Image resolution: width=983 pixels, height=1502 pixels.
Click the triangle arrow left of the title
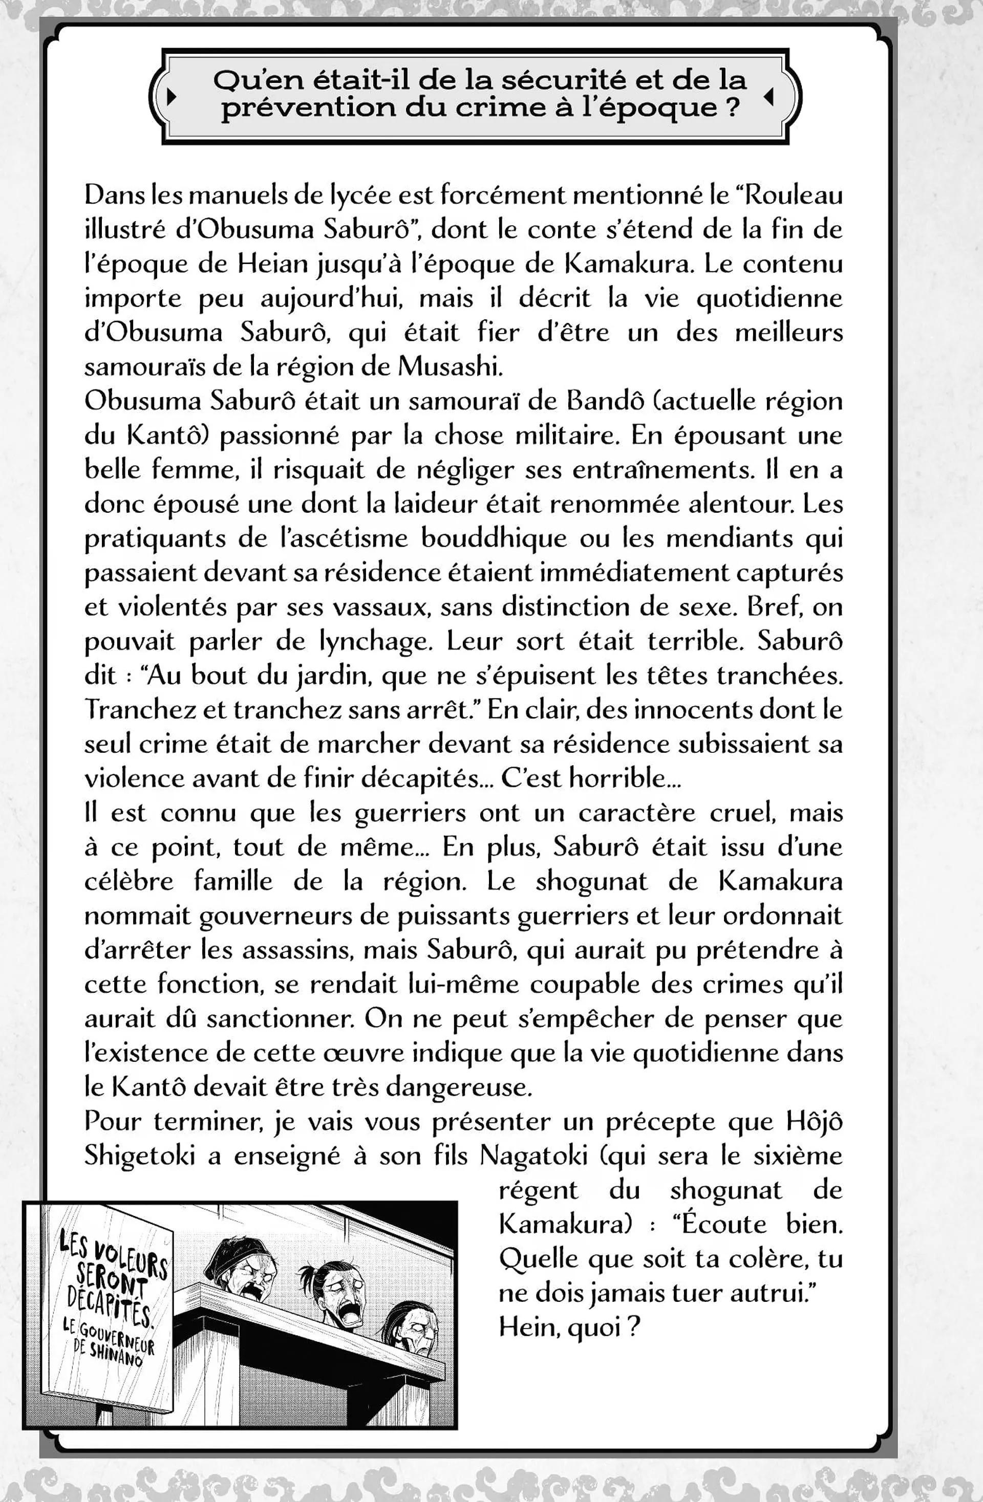170,97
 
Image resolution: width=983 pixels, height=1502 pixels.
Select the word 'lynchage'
375,641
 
